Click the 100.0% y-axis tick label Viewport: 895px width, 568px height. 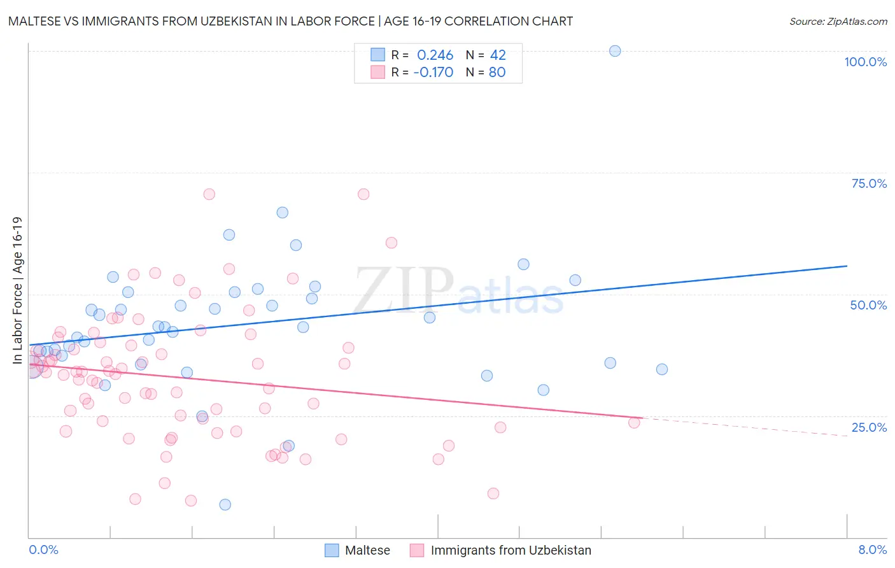pos(865,62)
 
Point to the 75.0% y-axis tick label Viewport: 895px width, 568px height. pos(869,183)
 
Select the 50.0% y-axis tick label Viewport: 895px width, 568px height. pos(868,305)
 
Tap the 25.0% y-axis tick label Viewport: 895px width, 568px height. pos(869,427)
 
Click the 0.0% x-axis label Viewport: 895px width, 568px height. pos(43,550)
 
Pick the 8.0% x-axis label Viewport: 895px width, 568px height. pos(872,550)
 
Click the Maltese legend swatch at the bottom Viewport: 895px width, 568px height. pos(332,550)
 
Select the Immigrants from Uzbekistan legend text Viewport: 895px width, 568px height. pos(511,550)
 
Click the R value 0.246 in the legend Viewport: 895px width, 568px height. pos(435,55)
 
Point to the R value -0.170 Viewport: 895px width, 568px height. pos(433,72)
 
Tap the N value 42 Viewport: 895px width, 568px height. pos(498,55)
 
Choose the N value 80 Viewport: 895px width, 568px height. pos(497,72)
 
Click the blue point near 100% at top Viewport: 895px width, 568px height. pos(615,51)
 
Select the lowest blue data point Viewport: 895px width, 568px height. pos(225,504)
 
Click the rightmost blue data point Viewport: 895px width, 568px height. pos(662,369)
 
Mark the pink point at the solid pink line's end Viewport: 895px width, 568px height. pos(634,422)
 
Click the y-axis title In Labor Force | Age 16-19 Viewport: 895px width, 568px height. pos(17,290)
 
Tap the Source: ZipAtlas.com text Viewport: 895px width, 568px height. pos(838,22)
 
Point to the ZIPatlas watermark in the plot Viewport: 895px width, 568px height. pos(458,292)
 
